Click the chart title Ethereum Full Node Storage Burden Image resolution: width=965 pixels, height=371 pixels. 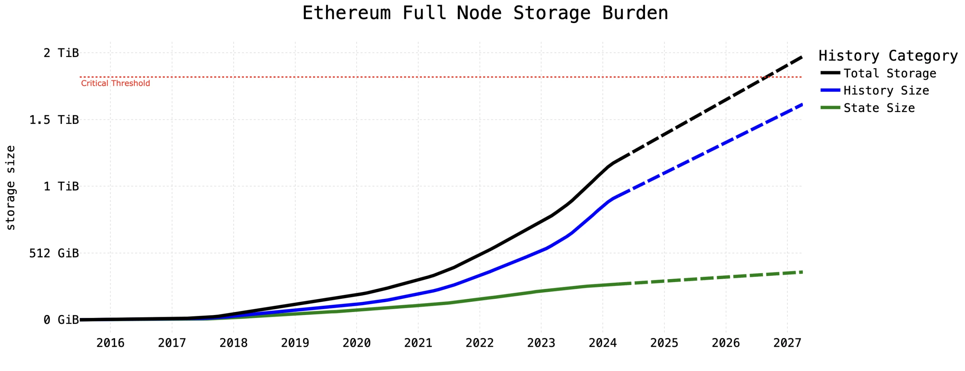[485, 14]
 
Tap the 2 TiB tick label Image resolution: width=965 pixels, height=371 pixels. [61, 53]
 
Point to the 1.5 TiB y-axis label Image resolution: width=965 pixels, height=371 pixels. [54, 120]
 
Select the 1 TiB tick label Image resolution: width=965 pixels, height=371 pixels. [61, 186]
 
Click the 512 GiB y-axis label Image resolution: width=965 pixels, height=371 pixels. [54, 253]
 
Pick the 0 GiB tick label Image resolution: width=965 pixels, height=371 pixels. [61, 320]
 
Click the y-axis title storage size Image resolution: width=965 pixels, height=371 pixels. [11, 188]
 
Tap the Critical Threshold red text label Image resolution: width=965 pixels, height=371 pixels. [115, 84]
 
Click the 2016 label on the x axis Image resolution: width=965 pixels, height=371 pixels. [110, 343]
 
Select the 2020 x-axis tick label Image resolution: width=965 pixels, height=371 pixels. [356, 343]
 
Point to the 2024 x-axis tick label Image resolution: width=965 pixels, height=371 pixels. [602, 343]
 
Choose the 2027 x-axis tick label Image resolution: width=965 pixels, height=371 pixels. [787, 343]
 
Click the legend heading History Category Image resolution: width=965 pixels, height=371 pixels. [888, 56]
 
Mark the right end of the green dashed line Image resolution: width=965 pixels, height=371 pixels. [801, 272]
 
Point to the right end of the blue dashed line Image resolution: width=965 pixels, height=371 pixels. [801, 104]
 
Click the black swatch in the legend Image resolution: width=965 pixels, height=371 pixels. [830, 73]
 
